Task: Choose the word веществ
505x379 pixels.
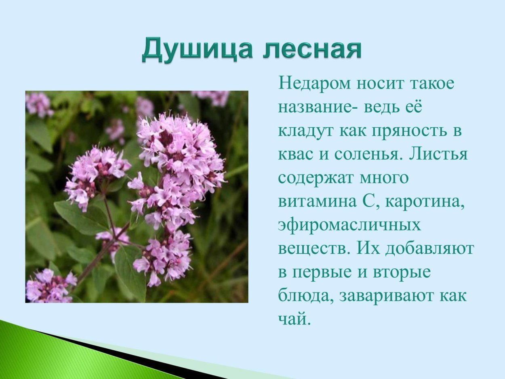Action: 314,248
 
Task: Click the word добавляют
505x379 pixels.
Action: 429,248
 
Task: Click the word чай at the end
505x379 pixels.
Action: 294,319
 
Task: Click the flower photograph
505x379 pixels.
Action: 137,197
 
